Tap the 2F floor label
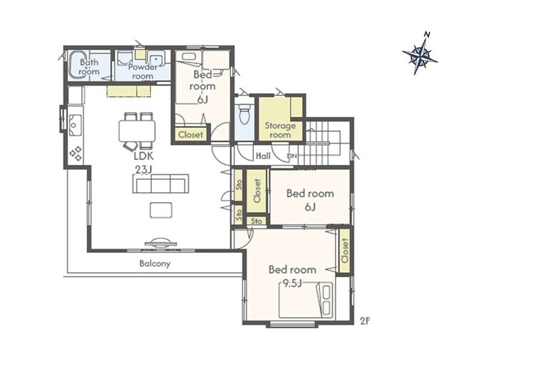365,321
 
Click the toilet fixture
244,114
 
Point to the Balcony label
155,263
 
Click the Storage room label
280,130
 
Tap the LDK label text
143,156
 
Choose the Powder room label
143,71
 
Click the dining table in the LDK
138,131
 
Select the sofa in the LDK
160,184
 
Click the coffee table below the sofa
161,210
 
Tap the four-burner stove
76,154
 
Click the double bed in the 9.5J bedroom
306,300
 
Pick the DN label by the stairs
292,156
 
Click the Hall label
263,156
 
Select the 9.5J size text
292,283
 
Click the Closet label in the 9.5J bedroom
344,251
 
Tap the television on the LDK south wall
160,242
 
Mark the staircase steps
319,144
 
